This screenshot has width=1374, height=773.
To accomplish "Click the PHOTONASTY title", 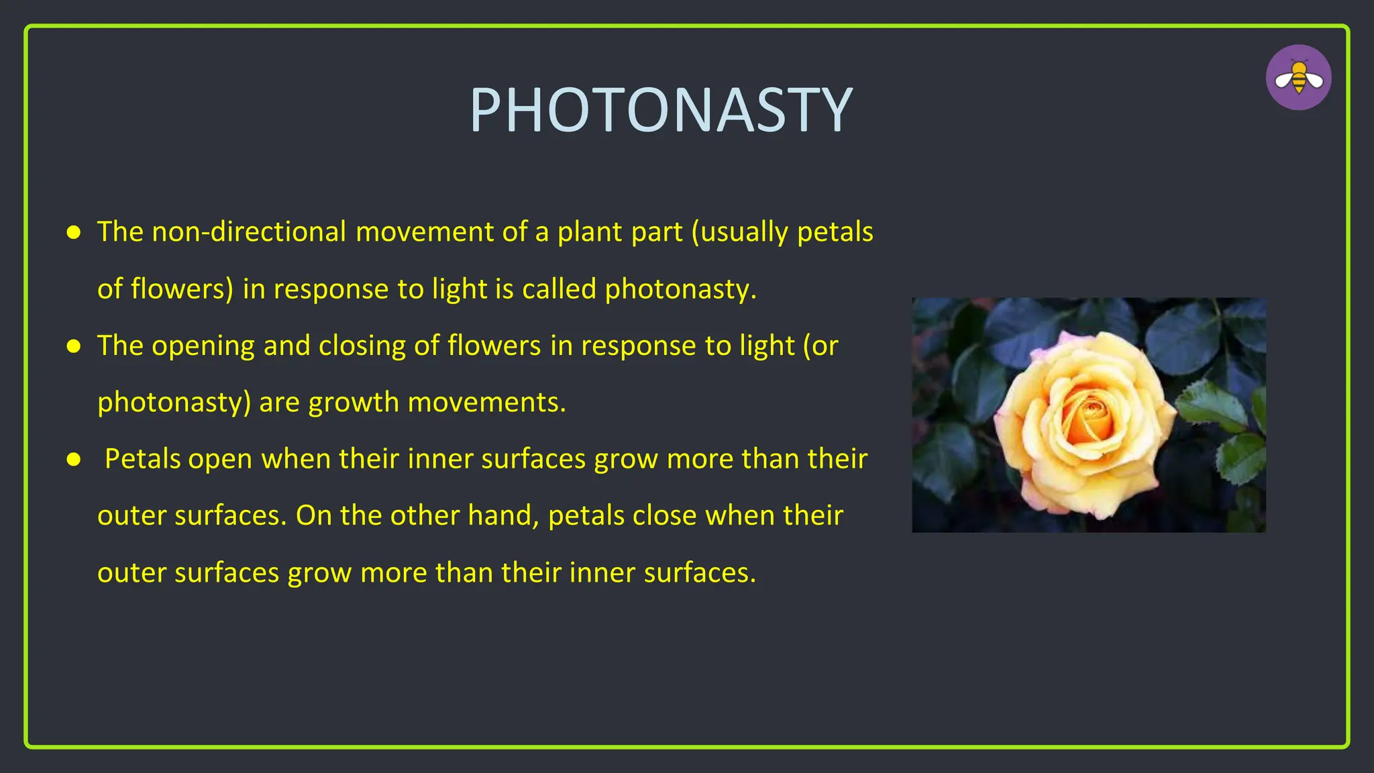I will pyautogui.click(x=661, y=111).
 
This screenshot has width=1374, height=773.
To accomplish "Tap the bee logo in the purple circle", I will pyautogui.click(x=1298, y=78).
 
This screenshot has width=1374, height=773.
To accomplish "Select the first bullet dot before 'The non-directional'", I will pyautogui.click(x=74, y=233).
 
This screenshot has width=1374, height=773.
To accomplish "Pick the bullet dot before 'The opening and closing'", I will pyautogui.click(x=74, y=346).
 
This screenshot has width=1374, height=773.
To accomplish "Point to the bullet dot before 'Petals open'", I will pyautogui.click(x=74, y=460).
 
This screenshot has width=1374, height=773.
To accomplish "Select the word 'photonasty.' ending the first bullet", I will pyautogui.click(x=680, y=289).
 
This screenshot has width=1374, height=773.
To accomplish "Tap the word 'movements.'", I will pyautogui.click(x=486, y=403).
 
